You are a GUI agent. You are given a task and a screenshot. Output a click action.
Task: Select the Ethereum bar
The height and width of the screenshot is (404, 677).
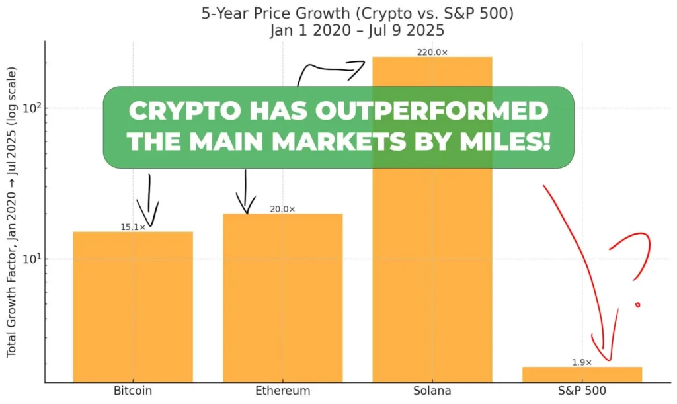click(x=282, y=298)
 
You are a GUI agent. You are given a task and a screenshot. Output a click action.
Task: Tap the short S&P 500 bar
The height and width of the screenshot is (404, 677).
click(x=582, y=374)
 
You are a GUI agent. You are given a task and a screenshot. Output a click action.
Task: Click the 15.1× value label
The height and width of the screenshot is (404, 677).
click(x=132, y=227)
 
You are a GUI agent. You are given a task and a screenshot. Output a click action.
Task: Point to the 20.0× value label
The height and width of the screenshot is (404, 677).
click(x=282, y=209)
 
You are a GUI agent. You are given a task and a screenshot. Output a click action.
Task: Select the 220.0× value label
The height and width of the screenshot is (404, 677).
click(x=432, y=52)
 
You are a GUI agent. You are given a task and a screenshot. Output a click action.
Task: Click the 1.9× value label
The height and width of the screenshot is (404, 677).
click(x=582, y=362)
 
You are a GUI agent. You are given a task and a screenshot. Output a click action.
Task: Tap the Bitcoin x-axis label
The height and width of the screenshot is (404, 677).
click(x=133, y=391)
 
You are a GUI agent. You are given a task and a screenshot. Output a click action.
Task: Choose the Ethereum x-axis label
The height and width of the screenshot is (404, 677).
click(x=282, y=391)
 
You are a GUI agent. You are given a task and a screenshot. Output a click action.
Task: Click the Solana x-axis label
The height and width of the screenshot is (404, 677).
click(x=432, y=391)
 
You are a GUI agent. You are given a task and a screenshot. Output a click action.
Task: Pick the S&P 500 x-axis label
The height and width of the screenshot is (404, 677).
click(x=582, y=391)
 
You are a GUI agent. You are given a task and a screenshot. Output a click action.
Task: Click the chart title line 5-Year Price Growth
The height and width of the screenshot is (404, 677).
click(x=338, y=14)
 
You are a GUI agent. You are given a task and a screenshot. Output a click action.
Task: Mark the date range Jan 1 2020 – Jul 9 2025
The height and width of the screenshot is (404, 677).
click(x=338, y=30)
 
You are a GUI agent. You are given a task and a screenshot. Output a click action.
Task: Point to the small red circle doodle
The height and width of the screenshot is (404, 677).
click(x=637, y=305)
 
